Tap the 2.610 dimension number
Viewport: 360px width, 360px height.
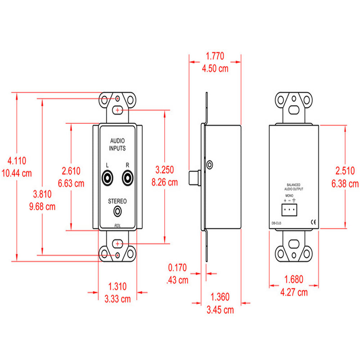click(71, 171)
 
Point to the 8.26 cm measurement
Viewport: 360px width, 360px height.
click(165, 182)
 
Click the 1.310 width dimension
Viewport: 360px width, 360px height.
click(118, 287)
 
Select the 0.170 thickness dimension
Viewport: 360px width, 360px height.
click(177, 267)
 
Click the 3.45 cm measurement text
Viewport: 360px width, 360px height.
click(220, 310)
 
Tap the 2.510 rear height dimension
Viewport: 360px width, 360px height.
click(345, 171)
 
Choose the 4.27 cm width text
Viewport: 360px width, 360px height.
click(294, 292)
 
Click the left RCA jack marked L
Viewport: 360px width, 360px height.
click(107, 178)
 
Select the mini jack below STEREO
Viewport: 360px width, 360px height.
click(118, 211)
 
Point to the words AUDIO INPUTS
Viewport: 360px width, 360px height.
click(117, 144)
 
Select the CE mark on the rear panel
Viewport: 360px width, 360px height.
click(313, 222)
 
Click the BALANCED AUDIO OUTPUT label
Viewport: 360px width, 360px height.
click(293, 186)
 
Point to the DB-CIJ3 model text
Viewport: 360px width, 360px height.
click(277, 222)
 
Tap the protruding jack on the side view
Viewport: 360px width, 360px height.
click(194, 177)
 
